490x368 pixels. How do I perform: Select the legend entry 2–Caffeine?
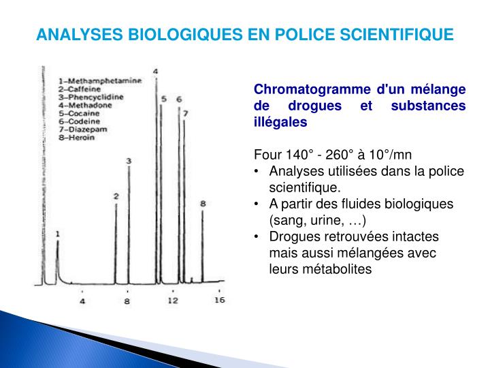[x=82, y=89]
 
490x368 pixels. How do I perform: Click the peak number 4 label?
[x=155, y=72]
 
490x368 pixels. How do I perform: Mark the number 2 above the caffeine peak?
[x=116, y=196]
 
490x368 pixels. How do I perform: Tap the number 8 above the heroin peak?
[x=202, y=203]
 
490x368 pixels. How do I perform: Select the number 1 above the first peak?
[x=58, y=234]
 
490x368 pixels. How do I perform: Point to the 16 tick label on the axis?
[x=219, y=299]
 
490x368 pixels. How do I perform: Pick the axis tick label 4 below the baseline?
[x=82, y=301]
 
